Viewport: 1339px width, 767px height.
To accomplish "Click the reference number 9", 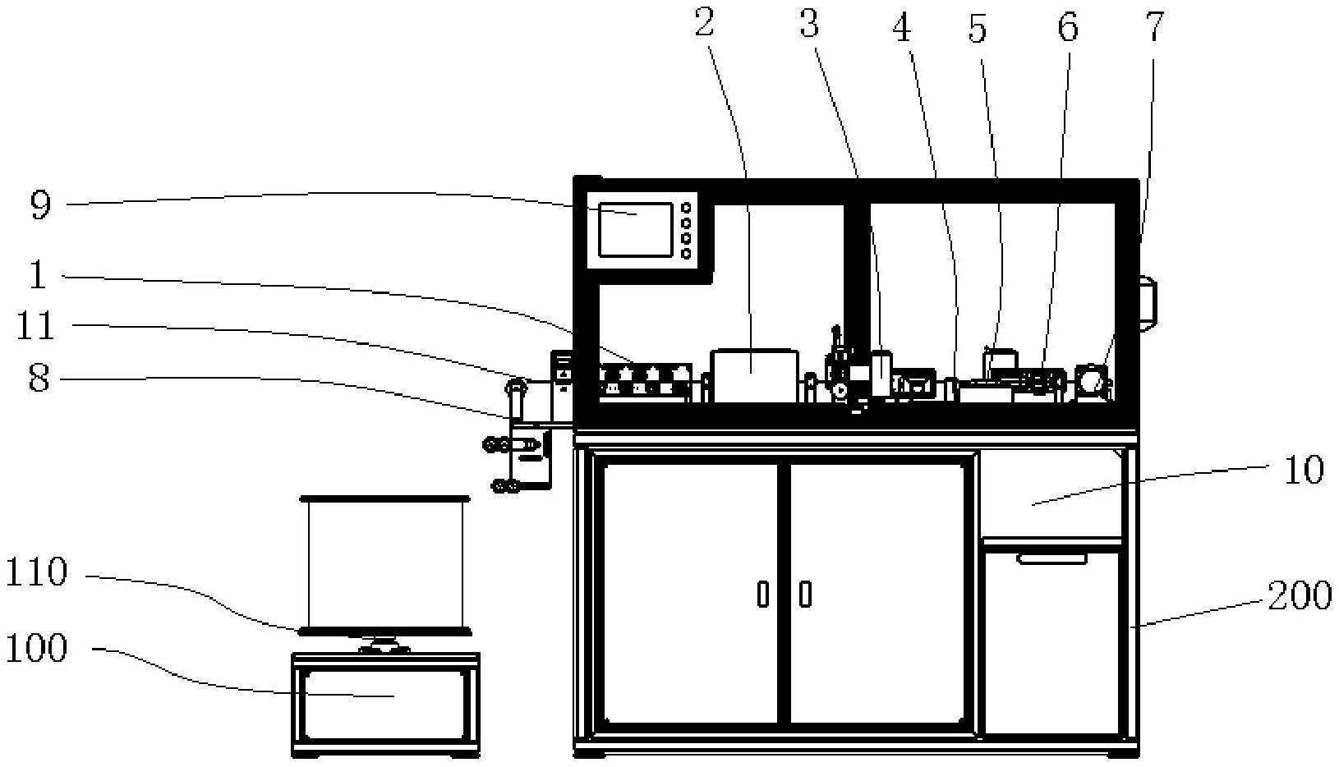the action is (x=40, y=205).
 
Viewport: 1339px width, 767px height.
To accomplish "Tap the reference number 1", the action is (x=38, y=276).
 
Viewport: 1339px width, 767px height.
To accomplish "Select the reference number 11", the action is (x=35, y=326).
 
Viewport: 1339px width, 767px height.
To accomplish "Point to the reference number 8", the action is (x=39, y=379).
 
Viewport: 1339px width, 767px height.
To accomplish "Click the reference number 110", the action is (x=36, y=573).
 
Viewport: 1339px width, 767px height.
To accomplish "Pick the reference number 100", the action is (x=36, y=649).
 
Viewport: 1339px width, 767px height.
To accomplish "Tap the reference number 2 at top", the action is (x=705, y=25).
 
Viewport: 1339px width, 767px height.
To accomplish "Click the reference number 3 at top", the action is (x=810, y=25).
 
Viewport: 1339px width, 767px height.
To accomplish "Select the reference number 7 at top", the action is (x=1154, y=26).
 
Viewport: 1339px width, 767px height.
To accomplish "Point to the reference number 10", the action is (x=1303, y=471).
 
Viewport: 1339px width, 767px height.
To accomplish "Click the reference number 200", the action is (x=1299, y=595).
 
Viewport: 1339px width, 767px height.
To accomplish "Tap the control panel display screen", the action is (x=635, y=230).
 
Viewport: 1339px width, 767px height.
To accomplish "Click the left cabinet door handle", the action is (x=763, y=594).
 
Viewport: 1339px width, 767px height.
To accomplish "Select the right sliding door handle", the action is (x=805, y=594).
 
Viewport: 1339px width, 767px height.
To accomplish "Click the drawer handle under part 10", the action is (x=1051, y=559).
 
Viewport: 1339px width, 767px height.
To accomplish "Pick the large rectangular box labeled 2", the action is (x=755, y=376).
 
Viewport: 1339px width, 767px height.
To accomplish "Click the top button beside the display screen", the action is (x=686, y=209).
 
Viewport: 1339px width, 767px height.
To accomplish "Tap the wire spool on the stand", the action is (x=385, y=564).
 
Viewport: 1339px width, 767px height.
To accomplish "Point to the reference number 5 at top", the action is (x=977, y=30).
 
